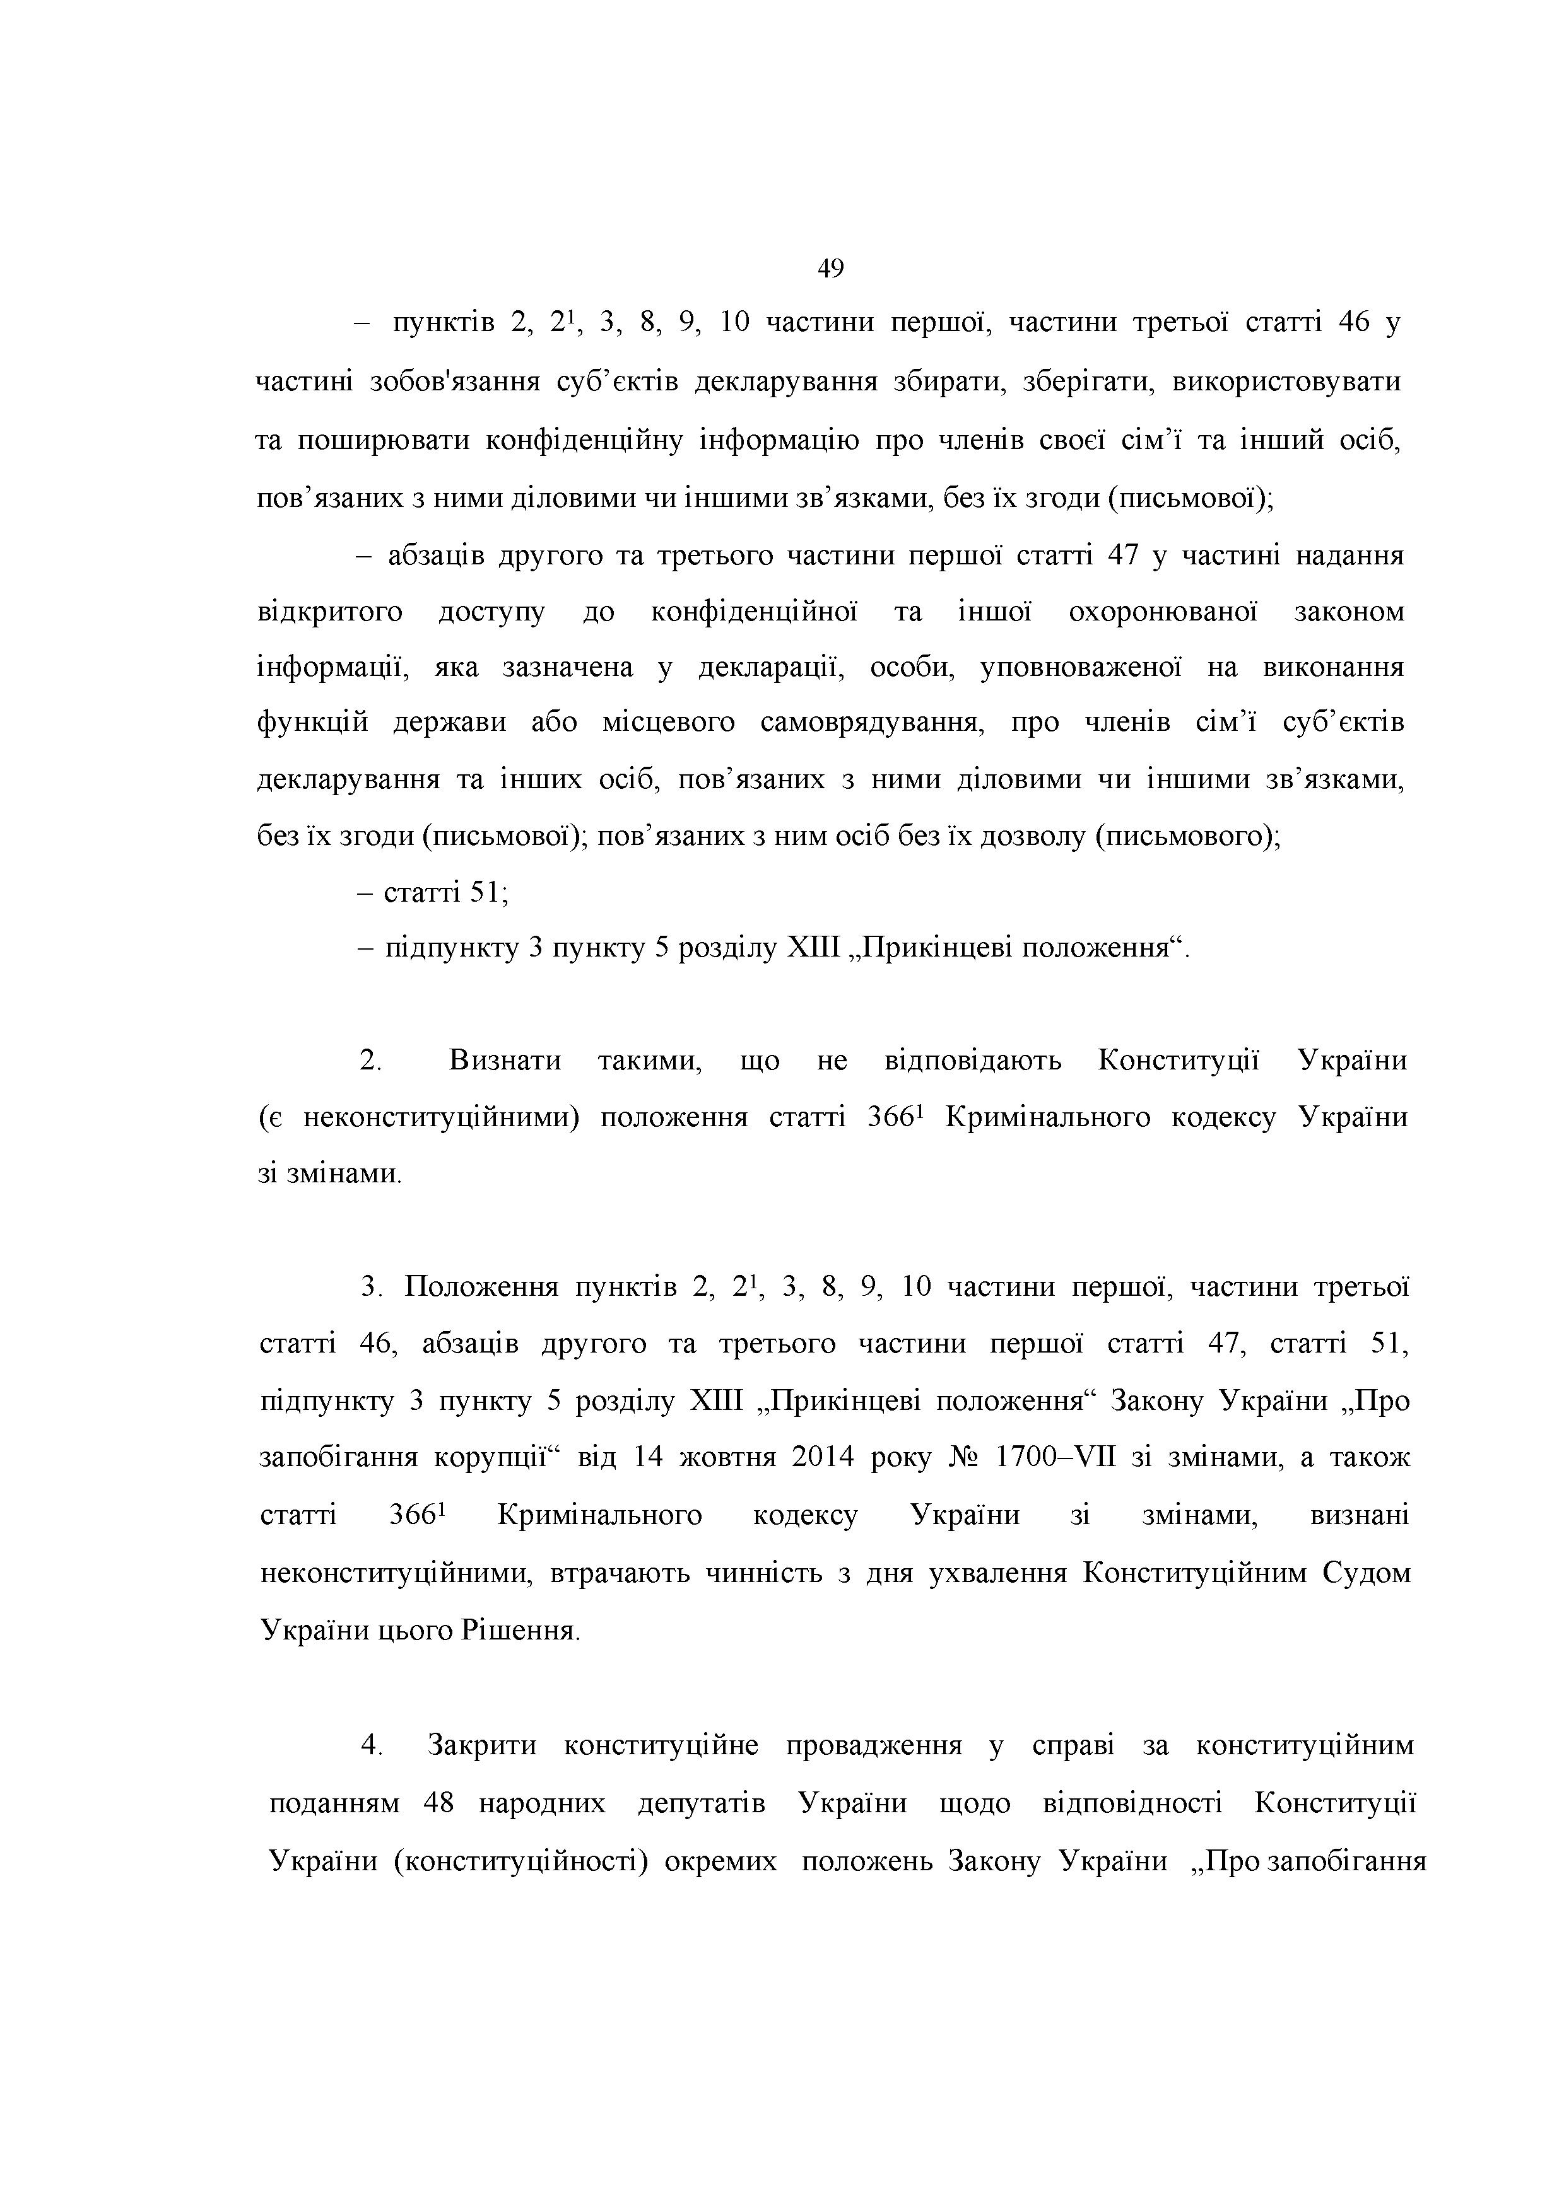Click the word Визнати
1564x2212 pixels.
point(505,1061)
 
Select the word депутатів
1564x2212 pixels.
point(702,1803)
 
